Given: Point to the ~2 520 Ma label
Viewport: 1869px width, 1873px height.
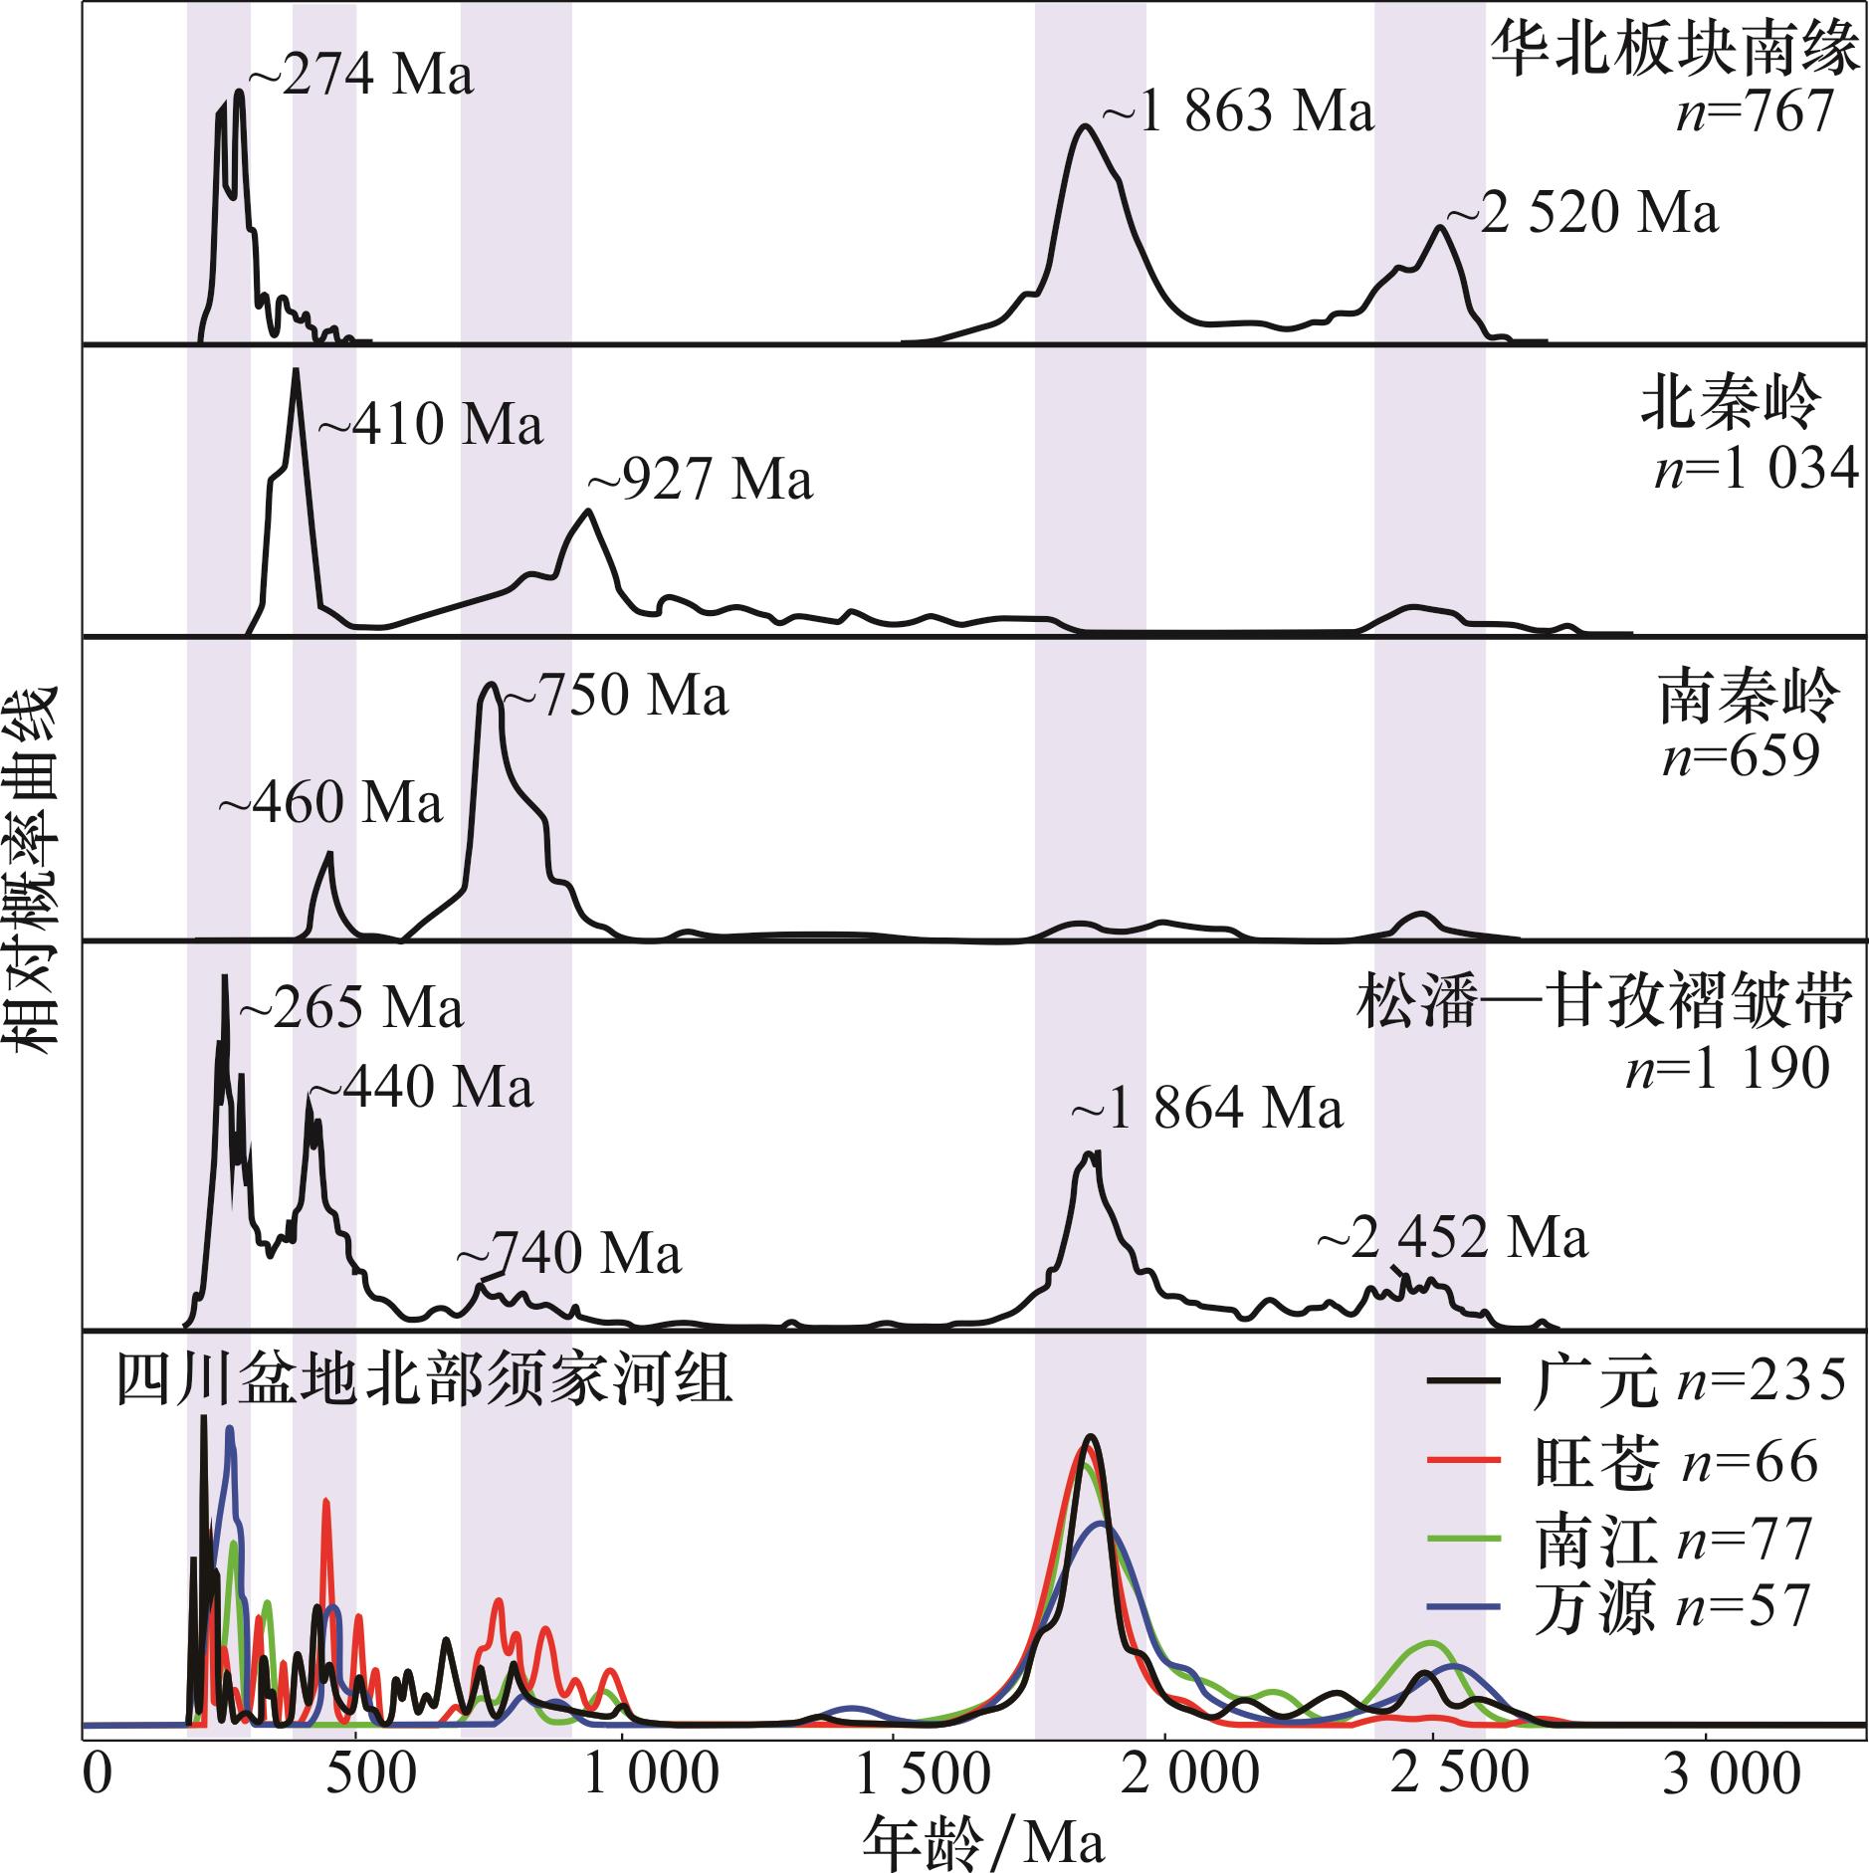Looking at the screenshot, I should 1581,214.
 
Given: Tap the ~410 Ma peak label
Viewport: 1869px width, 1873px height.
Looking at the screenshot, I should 430,424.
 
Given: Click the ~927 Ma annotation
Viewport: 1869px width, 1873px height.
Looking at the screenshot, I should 701,479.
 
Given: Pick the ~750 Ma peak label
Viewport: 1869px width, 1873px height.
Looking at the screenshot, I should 615,696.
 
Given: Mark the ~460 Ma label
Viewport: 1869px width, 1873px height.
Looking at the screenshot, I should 330,803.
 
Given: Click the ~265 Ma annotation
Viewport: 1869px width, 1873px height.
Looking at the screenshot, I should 350,1008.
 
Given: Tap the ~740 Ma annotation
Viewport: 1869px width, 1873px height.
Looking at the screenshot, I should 569,1254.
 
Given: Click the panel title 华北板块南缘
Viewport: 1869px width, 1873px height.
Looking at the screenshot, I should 1674,52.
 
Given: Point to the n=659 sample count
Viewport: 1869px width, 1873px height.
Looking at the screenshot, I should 1741,757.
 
